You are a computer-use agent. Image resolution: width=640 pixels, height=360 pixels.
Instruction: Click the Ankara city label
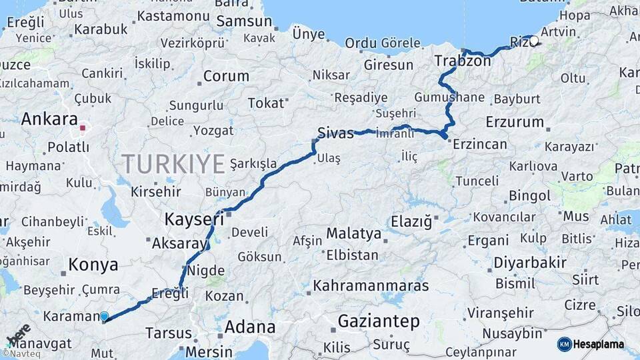point(49,119)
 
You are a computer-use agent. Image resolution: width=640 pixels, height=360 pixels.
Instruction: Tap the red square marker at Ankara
point(82,127)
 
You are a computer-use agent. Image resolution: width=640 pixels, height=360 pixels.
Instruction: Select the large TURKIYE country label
point(173,163)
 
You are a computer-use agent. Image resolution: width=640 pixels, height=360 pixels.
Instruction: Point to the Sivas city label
point(335,133)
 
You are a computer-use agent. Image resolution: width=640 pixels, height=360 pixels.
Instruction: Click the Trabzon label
point(463,61)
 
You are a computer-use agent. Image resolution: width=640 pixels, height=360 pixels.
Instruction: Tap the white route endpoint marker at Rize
point(533,40)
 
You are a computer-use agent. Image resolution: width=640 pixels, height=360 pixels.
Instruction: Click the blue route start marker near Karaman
point(104,317)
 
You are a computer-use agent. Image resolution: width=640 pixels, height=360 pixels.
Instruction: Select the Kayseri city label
point(194,219)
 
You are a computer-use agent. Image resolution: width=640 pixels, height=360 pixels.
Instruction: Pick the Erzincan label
point(480,144)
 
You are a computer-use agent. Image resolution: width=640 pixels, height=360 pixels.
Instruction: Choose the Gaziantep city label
point(379,321)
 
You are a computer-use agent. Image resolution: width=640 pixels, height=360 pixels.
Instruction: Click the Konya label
point(93,265)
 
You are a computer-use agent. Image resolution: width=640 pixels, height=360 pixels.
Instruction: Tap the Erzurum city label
point(515,122)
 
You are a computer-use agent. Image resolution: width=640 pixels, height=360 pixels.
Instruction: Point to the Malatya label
point(353,233)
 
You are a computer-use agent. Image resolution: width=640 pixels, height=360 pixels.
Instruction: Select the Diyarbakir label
point(530,263)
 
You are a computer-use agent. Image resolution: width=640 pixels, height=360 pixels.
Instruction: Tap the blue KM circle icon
point(564,344)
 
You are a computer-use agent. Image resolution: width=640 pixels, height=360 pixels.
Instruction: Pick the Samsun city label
point(243,21)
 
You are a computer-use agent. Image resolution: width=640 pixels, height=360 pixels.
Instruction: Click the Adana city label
point(250,327)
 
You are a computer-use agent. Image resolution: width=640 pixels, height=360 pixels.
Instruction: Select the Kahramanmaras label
point(371,286)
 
